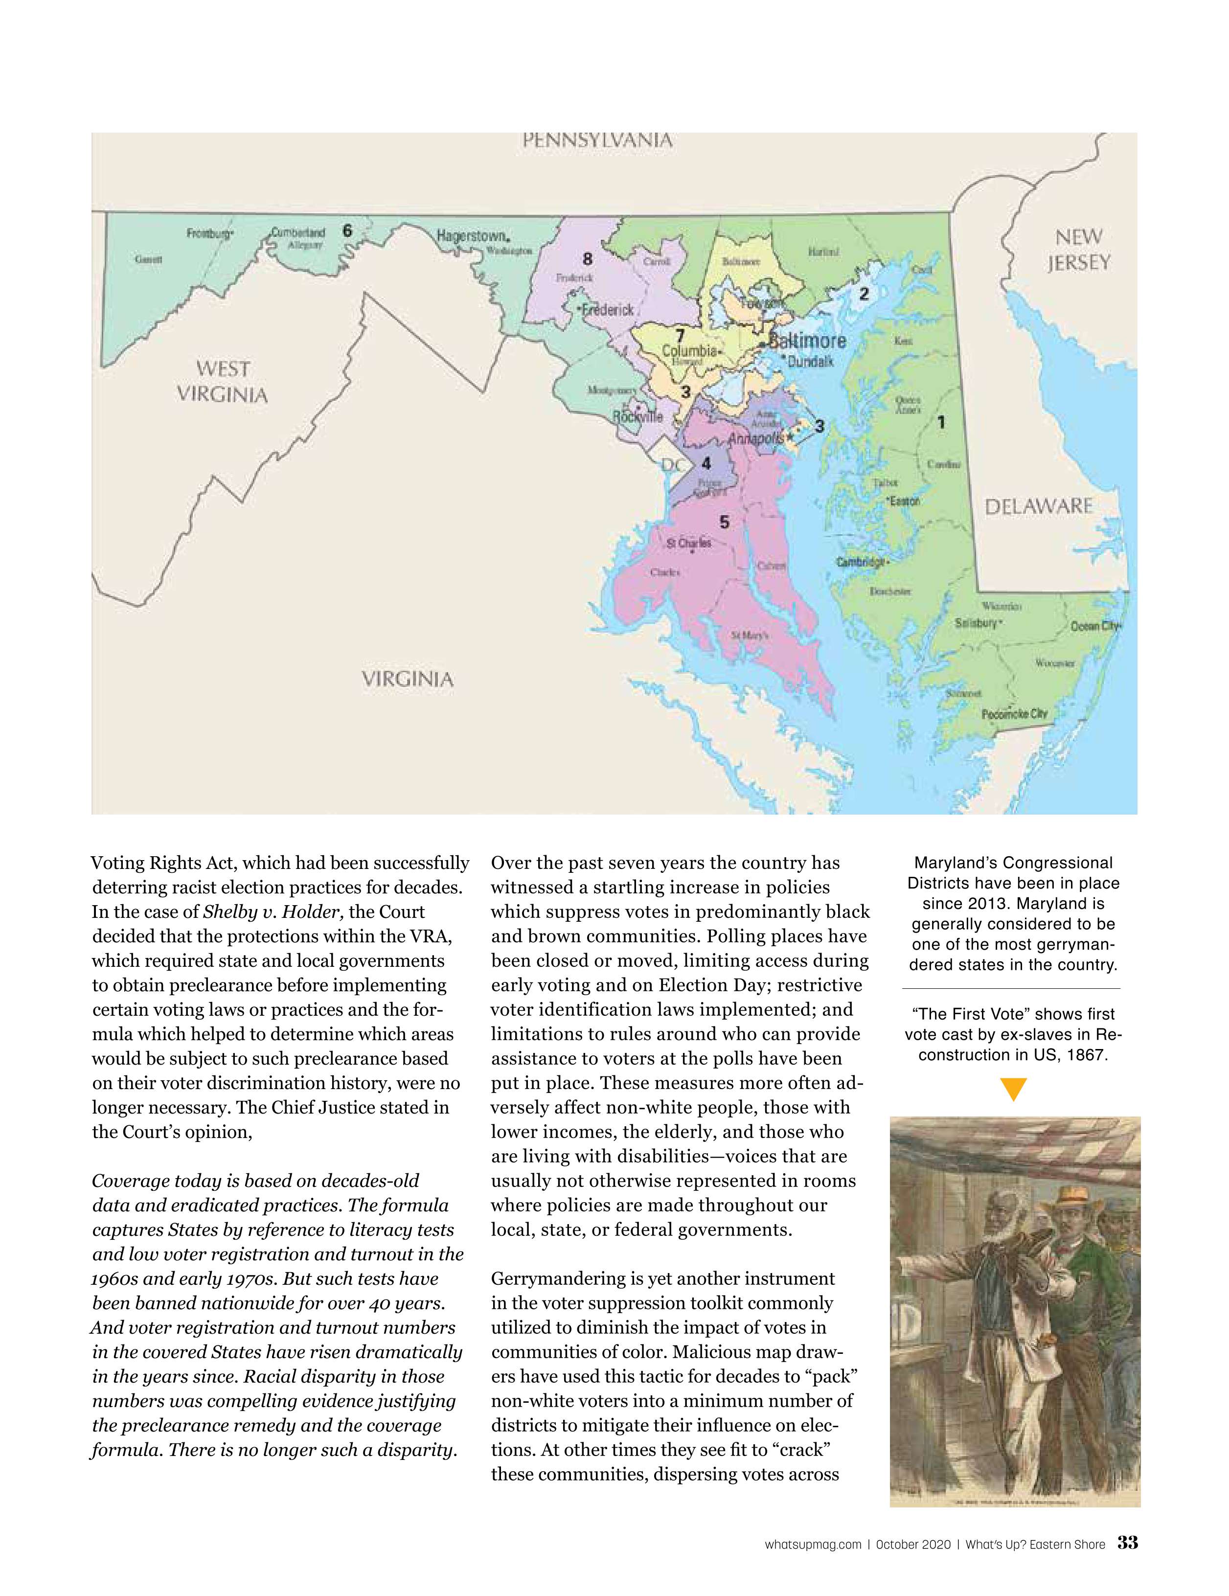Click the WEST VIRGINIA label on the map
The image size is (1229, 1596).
(x=222, y=382)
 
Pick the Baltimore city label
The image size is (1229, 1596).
(x=807, y=341)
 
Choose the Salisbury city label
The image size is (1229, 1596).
(x=976, y=623)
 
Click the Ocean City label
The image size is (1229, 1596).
(x=1094, y=626)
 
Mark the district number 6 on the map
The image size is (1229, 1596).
(x=347, y=231)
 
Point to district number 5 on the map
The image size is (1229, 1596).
(x=724, y=522)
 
